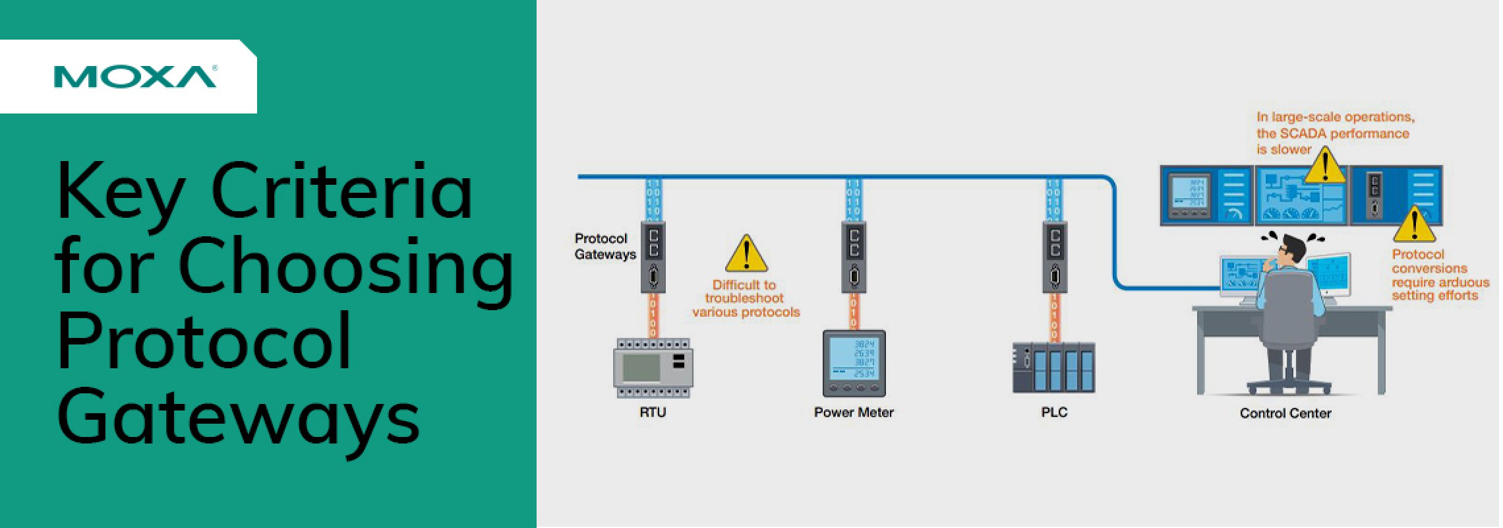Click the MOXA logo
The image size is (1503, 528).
tap(134, 77)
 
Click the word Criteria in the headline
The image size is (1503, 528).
tap(341, 191)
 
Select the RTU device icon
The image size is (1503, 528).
tap(653, 368)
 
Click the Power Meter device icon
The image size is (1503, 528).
tap(854, 363)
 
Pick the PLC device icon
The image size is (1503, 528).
tap(1053, 368)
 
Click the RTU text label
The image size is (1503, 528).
tap(653, 412)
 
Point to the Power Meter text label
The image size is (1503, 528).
tap(854, 412)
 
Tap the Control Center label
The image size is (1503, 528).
tap(1285, 413)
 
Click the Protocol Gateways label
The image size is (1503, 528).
tap(604, 246)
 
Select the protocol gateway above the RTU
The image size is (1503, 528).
tap(653, 257)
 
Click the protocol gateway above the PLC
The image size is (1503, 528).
tap(1054, 257)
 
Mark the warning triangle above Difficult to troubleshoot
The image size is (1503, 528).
tap(746, 254)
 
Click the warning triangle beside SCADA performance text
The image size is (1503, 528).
tap(1324, 166)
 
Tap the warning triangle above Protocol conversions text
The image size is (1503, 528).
tap(1414, 225)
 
